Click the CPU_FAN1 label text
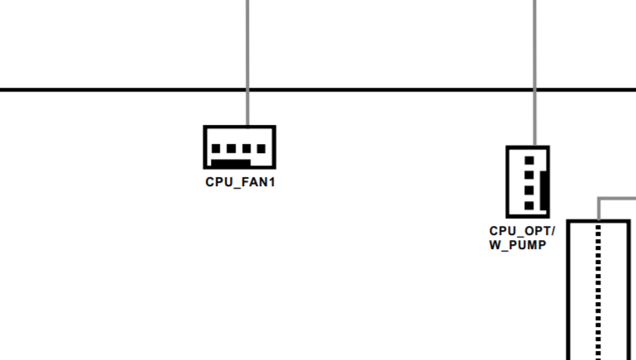[240, 182]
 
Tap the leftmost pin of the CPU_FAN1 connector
[216, 149]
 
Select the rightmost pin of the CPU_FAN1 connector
[261, 149]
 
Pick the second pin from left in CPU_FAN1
[232, 149]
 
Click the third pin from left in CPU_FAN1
[246, 149]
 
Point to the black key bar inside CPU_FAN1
[231, 163]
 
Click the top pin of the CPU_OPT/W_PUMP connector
[529, 161]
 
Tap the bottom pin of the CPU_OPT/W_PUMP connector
[529, 206]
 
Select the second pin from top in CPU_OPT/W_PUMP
[529, 175]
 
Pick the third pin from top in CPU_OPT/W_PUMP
[529, 190]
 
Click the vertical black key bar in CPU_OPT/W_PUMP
[544, 190]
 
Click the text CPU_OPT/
[522, 232]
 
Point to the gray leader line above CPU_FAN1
[248, 63]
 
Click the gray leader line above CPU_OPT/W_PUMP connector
[534, 73]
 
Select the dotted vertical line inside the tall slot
[598, 293]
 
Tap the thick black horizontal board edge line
[318, 89]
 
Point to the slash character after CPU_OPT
[552, 231]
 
